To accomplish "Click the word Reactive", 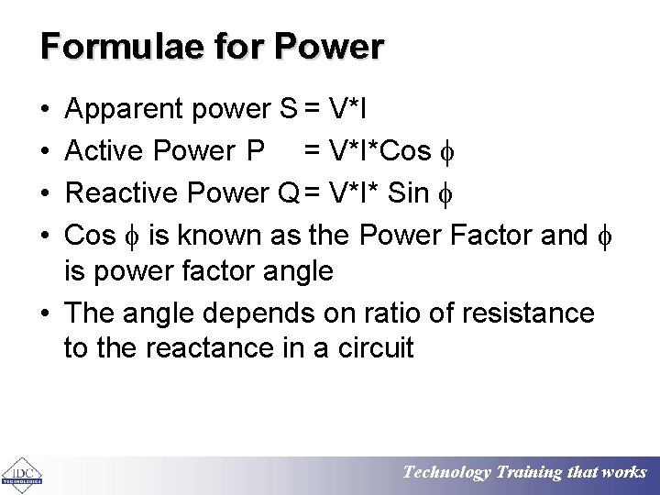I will [123, 192].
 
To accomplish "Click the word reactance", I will [204, 347].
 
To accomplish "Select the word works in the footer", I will [625, 472].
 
